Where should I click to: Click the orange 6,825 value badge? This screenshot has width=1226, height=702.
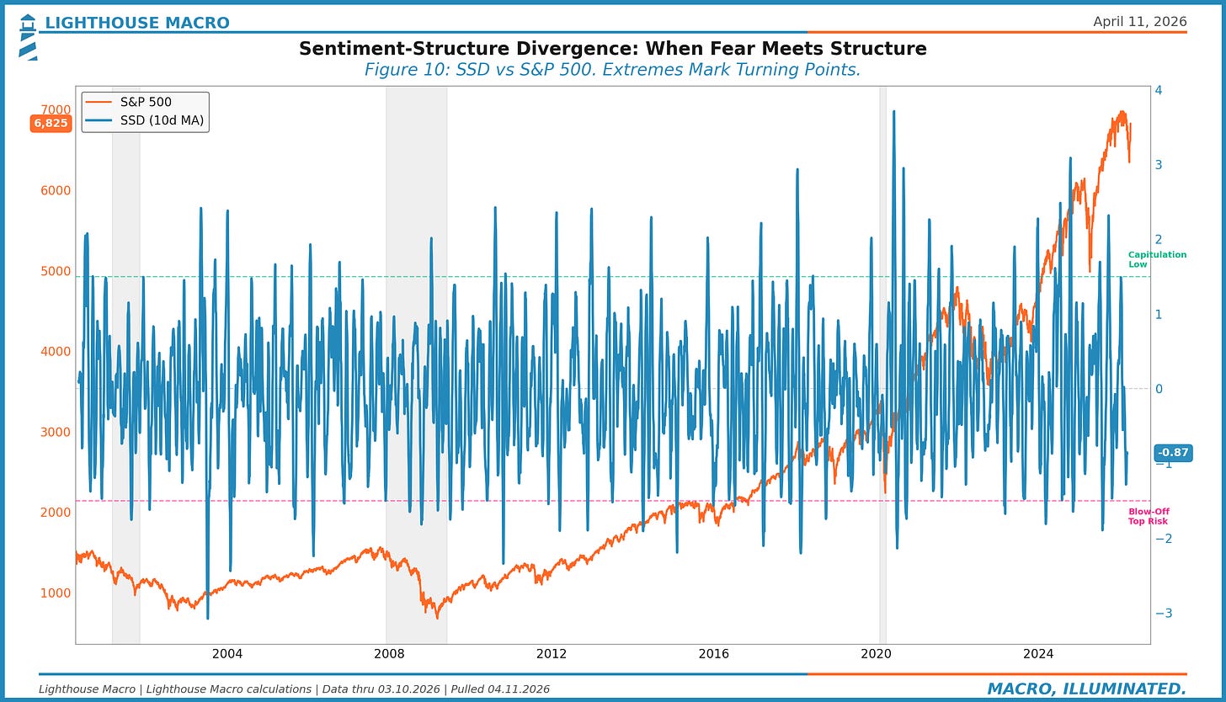51,124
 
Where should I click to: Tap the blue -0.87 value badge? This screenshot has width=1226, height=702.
1172,453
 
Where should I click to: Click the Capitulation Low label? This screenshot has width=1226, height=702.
1157,259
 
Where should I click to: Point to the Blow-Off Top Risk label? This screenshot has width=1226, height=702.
1149,516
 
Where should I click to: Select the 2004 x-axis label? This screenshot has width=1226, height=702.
227,654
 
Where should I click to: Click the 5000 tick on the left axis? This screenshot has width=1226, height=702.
56,271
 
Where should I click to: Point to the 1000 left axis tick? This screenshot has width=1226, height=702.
56,593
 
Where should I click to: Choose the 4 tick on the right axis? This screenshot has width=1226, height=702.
1159,90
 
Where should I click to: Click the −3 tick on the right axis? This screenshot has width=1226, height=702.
1162,614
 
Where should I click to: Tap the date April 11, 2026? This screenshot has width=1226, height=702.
1139,22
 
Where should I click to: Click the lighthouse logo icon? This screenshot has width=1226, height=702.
28,36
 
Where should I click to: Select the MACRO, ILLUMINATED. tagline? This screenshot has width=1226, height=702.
1086,689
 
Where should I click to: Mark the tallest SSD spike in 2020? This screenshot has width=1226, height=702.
893,112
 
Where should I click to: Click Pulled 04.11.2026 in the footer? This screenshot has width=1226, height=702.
502,689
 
